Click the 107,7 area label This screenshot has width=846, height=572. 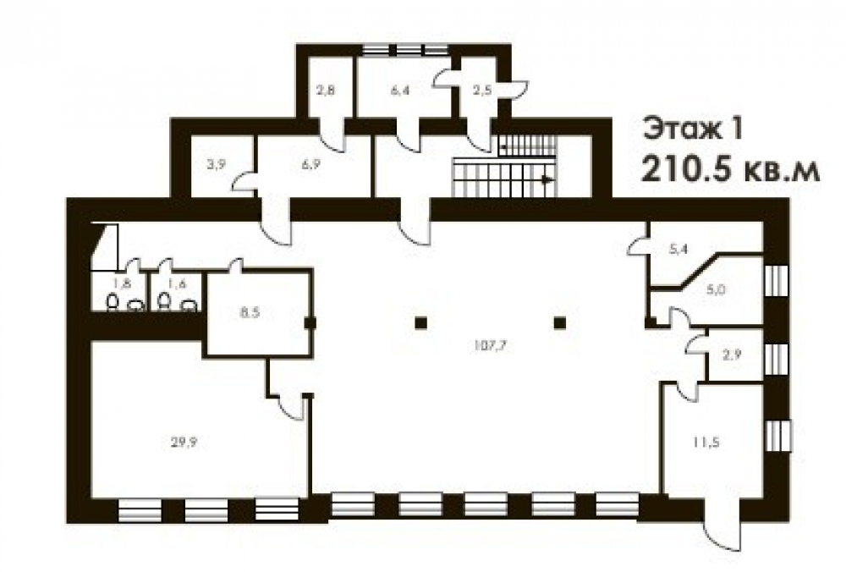pyautogui.click(x=490, y=346)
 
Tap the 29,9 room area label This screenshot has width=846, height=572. pyautogui.click(x=184, y=443)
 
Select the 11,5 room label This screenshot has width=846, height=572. pyautogui.click(x=706, y=443)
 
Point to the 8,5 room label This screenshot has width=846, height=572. pyautogui.click(x=250, y=312)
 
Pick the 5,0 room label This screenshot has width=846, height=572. pyautogui.click(x=716, y=289)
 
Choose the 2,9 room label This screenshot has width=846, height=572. pyautogui.click(x=732, y=355)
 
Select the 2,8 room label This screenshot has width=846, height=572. pyautogui.click(x=325, y=90)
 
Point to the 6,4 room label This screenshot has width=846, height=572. pyautogui.click(x=400, y=90)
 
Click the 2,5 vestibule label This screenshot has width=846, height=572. pyautogui.click(x=482, y=90)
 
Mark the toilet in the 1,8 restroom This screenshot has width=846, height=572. pyautogui.click(x=113, y=302)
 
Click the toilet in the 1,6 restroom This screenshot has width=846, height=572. pyautogui.click(x=164, y=302)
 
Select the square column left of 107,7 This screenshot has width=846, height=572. pyautogui.click(x=421, y=323)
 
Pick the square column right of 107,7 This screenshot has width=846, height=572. pyautogui.click(x=560, y=323)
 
